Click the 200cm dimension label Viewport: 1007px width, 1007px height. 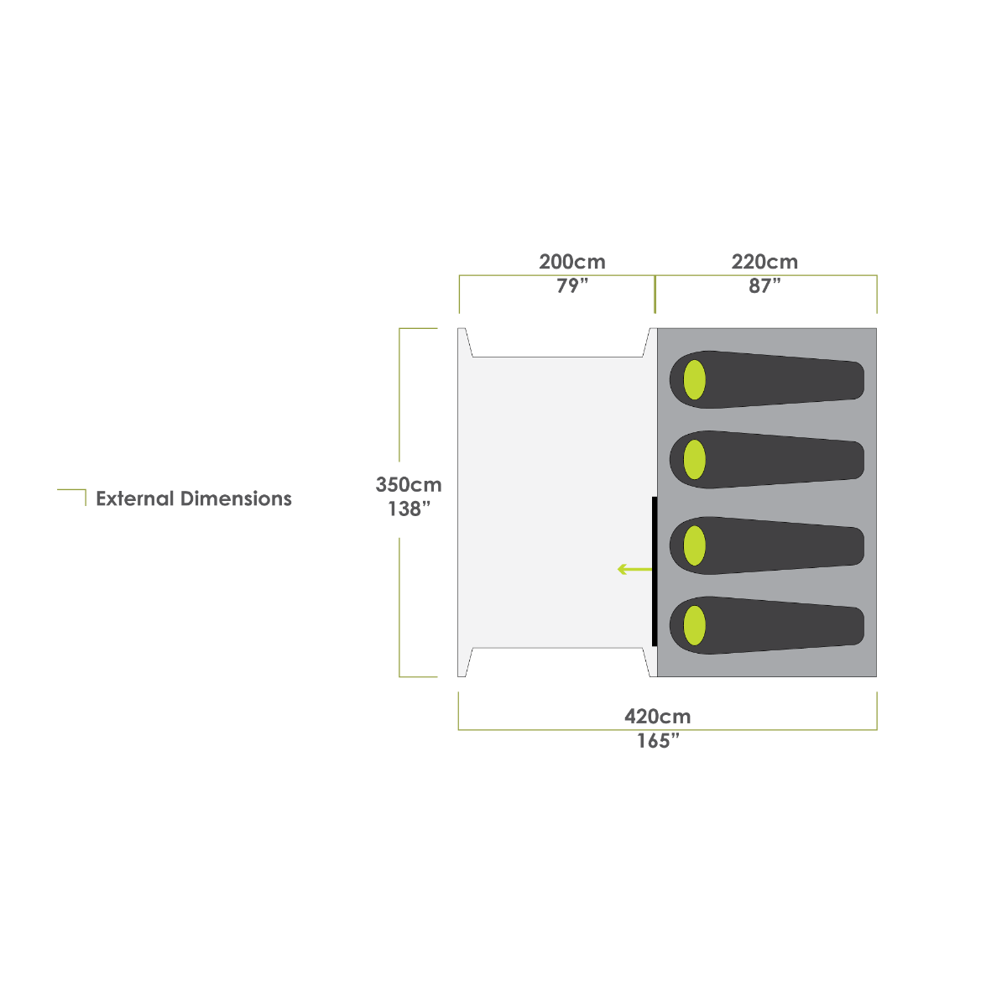point(571,262)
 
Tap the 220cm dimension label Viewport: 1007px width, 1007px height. point(764,262)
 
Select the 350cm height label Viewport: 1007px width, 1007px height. point(409,485)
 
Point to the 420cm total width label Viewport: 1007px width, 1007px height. point(657,717)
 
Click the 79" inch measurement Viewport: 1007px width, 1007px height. point(571,286)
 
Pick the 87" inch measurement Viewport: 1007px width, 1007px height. point(764,286)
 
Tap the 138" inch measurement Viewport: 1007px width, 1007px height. point(409,509)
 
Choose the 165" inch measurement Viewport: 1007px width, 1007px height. point(657,742)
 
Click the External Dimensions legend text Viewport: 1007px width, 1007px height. point(194,499)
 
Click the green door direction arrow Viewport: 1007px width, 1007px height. point(634,570)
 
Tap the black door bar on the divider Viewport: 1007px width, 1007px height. point(654,571)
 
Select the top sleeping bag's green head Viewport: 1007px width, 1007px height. point(694,379)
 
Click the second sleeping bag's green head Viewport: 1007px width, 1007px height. point(694,459)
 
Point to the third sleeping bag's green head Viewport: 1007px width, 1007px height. point(694,545)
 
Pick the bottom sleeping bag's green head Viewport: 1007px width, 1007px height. point(694,625)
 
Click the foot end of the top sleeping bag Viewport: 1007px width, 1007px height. point(848,380)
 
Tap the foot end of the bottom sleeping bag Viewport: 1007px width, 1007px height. point(848,626)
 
